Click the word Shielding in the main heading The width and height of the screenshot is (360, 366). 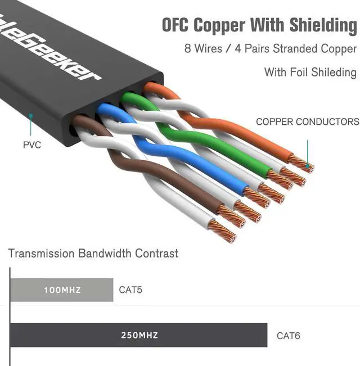tap(323, 25)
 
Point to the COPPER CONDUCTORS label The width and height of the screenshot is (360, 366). tap(307, 121)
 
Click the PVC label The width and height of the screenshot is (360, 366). tap(31, 145)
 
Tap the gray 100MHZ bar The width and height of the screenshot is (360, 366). tap(62, 290)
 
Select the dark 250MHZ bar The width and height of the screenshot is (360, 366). tap(138, 336)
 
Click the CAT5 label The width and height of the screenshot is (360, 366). tap(130, 291)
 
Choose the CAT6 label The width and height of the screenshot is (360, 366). tap(288, 336)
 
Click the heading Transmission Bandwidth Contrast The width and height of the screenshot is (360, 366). tap(93, 253)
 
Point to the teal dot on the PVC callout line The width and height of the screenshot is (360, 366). tap(31, 116)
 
